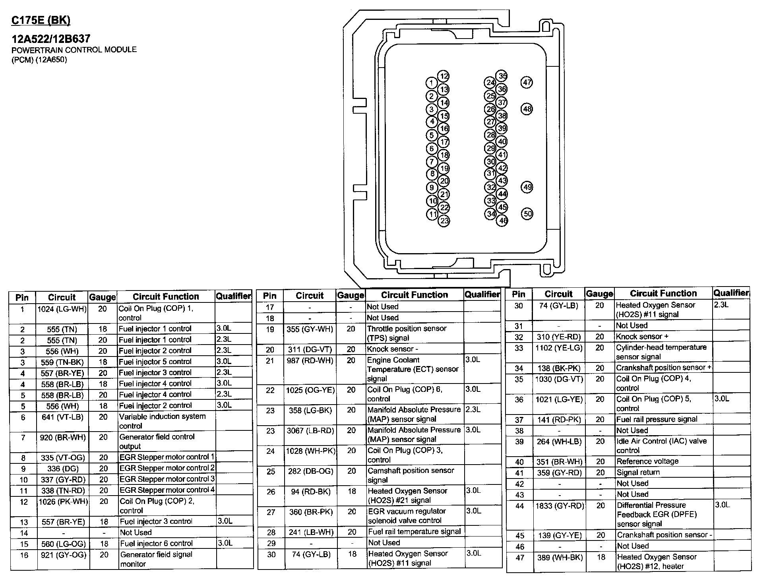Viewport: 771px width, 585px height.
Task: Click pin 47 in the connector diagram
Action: [x=527, y=83]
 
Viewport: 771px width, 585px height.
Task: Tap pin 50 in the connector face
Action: [x=527, y=213]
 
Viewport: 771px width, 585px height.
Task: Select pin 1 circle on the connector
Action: [x=431, y=83]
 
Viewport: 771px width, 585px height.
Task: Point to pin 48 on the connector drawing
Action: [x=527, y=109]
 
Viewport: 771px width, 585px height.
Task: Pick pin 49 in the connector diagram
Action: [x=527, y=187]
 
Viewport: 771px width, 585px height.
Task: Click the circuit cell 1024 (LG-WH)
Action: [x=62, y=309]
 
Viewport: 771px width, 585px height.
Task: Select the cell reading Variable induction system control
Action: [x=163, y=421]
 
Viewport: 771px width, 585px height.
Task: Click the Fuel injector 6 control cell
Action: [x=156, y=543]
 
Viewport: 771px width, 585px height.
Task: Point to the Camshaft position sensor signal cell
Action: [x=411, y=475]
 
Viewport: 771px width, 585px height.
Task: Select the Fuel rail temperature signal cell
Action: [x=414, y=532]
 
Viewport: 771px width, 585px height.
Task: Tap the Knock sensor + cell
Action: [x=642, y=337]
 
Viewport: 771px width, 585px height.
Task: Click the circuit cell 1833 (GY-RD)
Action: [x=559, y=506]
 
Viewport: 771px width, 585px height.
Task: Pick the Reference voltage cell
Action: [x=647, y=461]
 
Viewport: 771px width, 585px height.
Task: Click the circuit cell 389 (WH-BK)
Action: [x=560, y=558]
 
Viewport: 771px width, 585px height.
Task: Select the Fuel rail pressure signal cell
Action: [x=657, y=419]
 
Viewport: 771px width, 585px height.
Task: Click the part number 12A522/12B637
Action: [x=51, y=39]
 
